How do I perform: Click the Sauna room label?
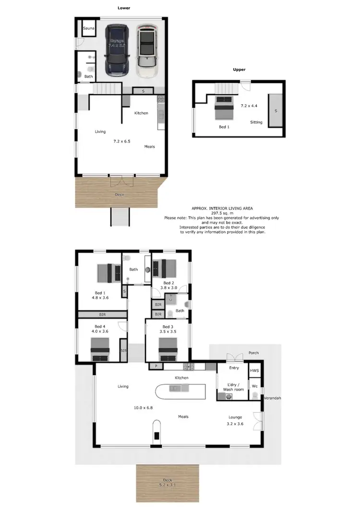pyautogui.click(x=88, y=29)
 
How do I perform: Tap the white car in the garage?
pyautogui.click(x=146, y=51)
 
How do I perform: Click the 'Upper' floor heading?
pyautogui.click(x=239, y=70)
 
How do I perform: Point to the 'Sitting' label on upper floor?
pyautogui.click(x=256, y=122)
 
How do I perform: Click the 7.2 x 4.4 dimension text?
pyautogui.click(x=249, y=105)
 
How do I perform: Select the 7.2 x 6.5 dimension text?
pyautogui.click(x=121, y=142)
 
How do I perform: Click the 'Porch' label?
pyautogui.click(x=253, y=353)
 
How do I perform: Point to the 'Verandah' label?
pyautogui.click(x=272, y=398)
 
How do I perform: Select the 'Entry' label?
pyautogui.click(x=234, y=368)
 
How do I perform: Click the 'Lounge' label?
pyautogui.click(x=235, y=417)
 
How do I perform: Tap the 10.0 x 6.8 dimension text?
pyautogui.click(x=144, y=408)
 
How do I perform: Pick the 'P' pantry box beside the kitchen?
pyautogui.click(x=156, y=367)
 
